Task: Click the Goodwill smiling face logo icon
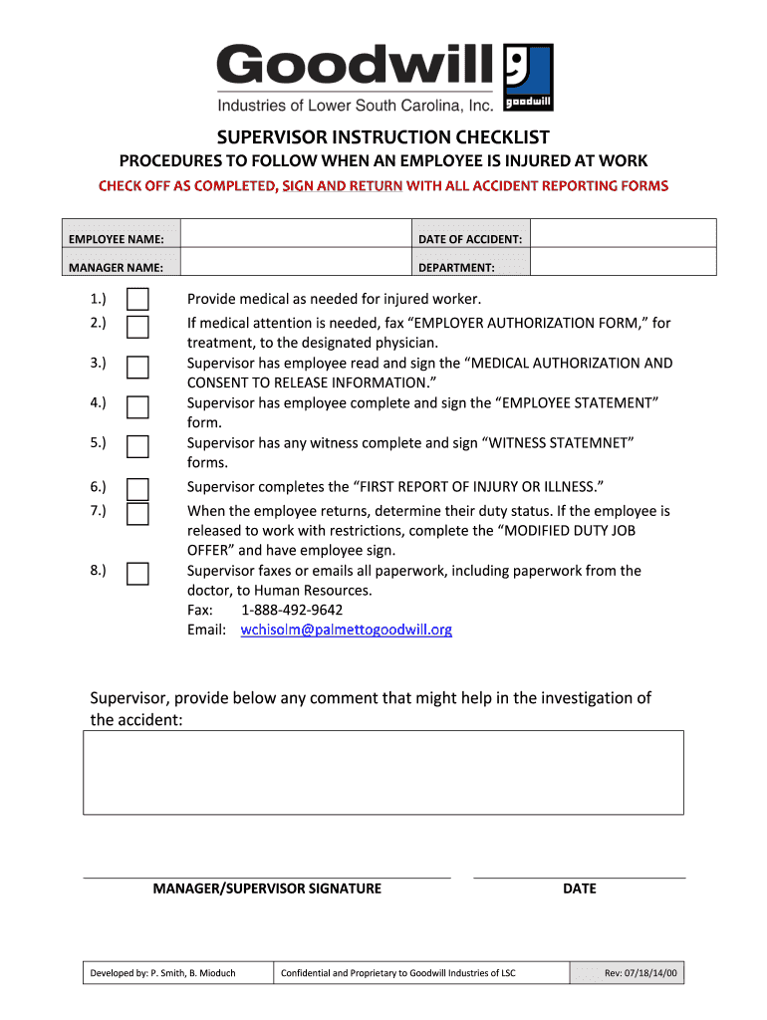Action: point(529,78)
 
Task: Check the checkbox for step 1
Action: point(137,300)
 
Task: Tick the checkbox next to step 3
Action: point(137,367)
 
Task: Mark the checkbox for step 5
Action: point(137,446)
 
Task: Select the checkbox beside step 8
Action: point(137,574)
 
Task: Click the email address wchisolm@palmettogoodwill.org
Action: point(347,630)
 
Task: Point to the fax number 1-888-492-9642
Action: point(292,610)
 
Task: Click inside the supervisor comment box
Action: point(383,772)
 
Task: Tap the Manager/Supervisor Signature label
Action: point(267,889)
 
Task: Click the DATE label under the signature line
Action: point(579,889)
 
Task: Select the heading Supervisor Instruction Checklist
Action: point(383,137)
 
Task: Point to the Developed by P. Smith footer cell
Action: point(162,973)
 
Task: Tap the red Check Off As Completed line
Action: point(383,186)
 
